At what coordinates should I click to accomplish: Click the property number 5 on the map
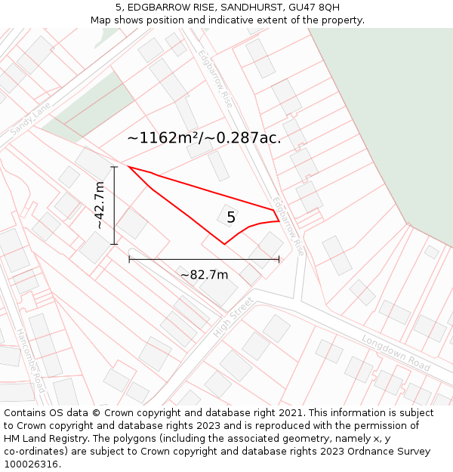(231, 217)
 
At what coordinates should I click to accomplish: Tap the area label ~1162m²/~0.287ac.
(204, 138)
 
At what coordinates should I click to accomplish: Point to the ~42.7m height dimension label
(100, 205)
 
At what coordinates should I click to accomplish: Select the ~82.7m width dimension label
(204, 274)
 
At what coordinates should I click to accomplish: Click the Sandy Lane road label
(30, 119)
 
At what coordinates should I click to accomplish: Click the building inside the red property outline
(228, 215)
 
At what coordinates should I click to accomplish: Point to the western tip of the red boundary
(128, 167)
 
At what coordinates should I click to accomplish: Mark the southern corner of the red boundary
(224, 244)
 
